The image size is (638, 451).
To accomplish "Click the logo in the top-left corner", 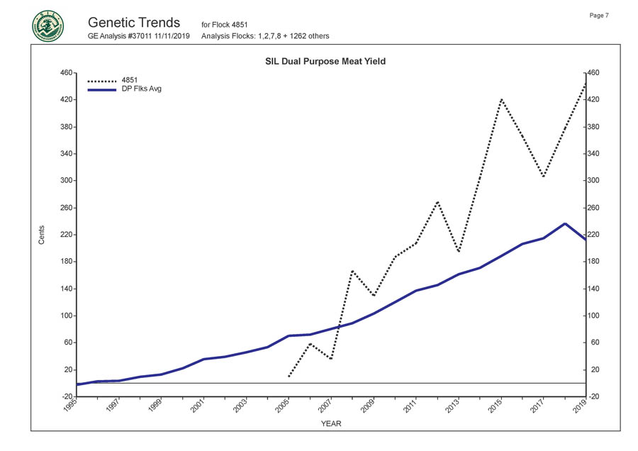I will click(x=47, y=26).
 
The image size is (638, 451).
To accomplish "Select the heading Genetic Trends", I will click(x=134, y=22).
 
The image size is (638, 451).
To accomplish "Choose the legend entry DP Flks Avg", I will click(x=142, y=89).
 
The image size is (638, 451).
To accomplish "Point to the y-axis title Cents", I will click(x=41, y=235).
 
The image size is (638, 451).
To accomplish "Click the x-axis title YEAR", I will click(x=331, y=424).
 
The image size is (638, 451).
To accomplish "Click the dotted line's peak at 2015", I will click(x=501, y=99).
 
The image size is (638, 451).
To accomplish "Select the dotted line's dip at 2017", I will click(x=543, y=177).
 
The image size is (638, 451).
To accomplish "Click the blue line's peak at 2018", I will click(x=564, y=223).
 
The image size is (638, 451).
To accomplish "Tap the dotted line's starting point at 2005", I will click(x=289, y=377).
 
